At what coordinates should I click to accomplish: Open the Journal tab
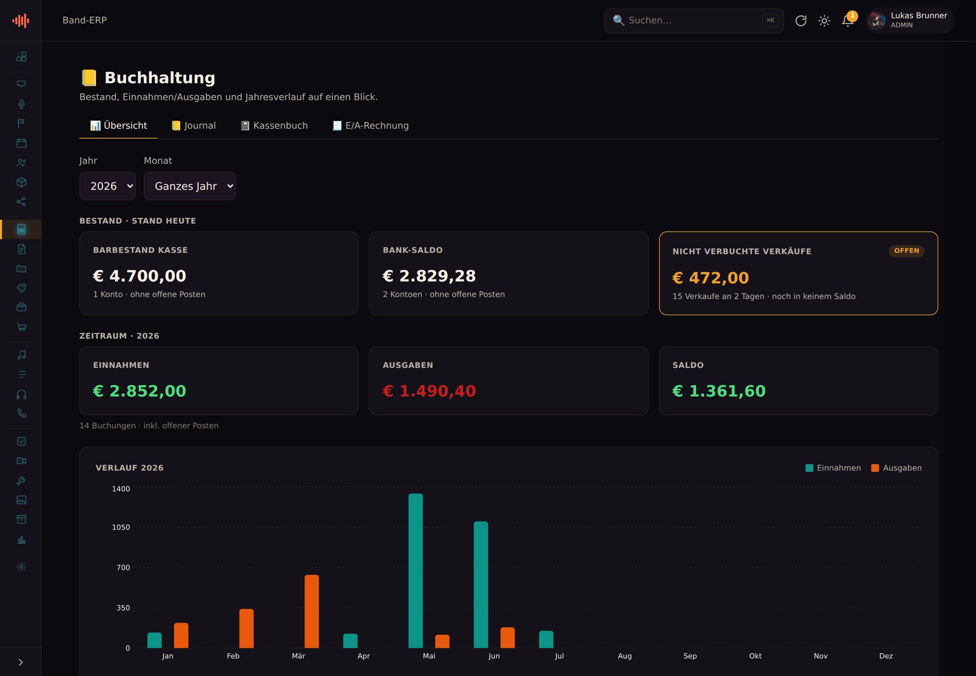point(194,126)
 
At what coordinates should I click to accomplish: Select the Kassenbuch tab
point(274,126)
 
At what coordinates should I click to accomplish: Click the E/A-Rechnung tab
point(371,126)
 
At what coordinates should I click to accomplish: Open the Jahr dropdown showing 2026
point(107,186)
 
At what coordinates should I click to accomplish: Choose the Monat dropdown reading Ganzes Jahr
point(190,186)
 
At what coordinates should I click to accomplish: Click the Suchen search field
point(694,21)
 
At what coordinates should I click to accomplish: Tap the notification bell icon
point(847,21)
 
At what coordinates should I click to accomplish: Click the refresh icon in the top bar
point(801,21)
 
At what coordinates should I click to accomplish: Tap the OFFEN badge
point(907,251)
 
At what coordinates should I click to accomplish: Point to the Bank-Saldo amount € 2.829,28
point(429,276)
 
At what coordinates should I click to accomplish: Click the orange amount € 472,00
point(711,278)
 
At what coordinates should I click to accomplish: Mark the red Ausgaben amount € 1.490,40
point(429,391)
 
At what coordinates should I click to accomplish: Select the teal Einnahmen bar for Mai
point(416,571)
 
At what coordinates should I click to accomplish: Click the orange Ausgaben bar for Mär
point(312,612)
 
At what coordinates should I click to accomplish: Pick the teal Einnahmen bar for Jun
point(481,584)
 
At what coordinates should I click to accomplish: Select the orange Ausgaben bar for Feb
point(247,628)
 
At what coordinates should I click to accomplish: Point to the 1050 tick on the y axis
point(121,527)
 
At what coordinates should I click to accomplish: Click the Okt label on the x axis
point(755,656)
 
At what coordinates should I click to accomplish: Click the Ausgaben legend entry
point(896,468)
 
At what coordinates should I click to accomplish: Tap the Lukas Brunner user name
point(919,15)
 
